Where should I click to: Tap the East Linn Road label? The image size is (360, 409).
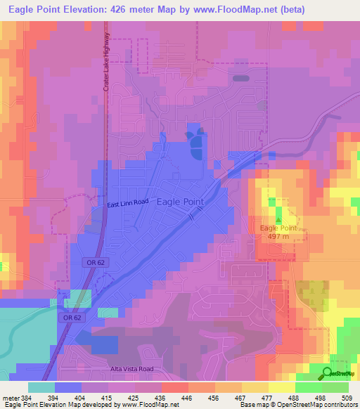tap(128, 202)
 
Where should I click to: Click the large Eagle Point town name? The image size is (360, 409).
tap(179, 201)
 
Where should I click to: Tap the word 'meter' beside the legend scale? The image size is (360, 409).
tap(11, 397)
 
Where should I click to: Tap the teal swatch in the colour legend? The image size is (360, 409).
tap(41, 387)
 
